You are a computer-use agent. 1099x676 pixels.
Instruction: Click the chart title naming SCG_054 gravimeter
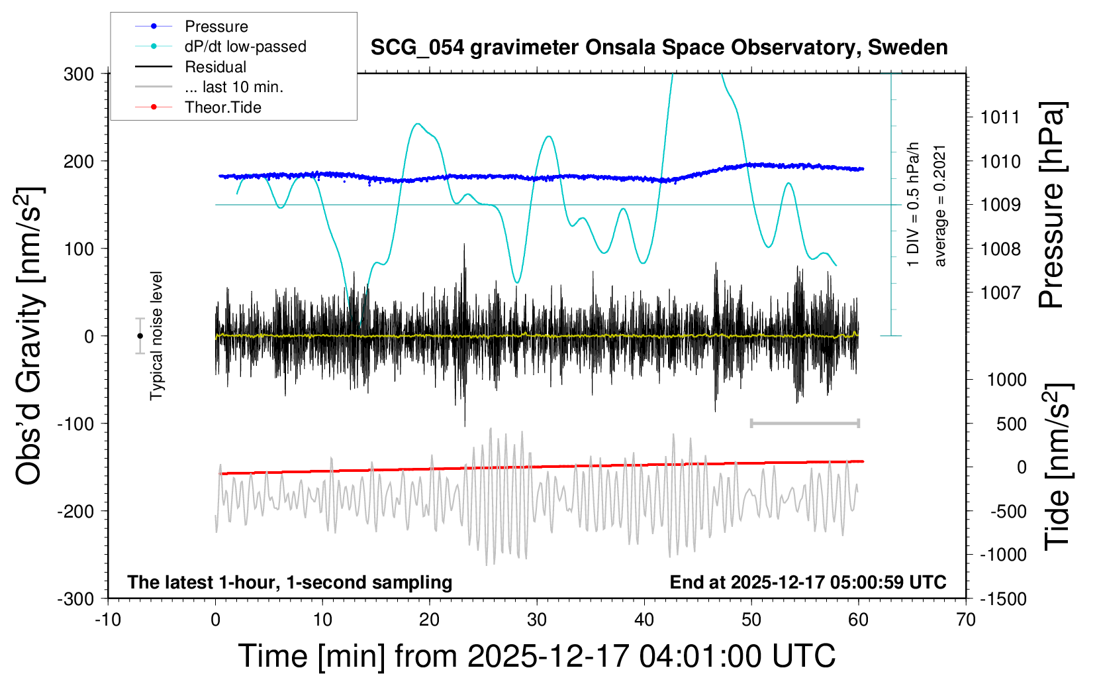coord(659,48)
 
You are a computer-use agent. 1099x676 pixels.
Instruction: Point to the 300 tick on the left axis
coord(79,74)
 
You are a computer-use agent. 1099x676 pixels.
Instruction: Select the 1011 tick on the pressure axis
coord(1000,117)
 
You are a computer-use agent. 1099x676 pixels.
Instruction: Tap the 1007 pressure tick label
coord(1000,292)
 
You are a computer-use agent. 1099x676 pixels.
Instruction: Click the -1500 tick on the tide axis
coord(1003,599)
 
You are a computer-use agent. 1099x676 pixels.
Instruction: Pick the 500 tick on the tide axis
coord(1011,424)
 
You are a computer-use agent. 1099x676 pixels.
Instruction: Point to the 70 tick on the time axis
coord(966,620)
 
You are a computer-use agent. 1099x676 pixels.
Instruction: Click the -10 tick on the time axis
coord(108,620)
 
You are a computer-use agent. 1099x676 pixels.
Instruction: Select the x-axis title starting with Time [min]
coord(536,656)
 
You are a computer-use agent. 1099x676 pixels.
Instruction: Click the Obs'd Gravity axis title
coord(30,336)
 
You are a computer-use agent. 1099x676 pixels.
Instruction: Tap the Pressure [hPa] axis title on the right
coord(1051,205)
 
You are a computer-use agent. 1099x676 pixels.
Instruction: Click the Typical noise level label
coord(156,335)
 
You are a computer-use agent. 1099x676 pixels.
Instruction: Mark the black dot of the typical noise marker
coord(140,336)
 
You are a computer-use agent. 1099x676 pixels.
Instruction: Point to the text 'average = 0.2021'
coord(940,205)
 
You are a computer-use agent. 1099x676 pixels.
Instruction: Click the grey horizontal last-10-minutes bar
coord(804,423)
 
